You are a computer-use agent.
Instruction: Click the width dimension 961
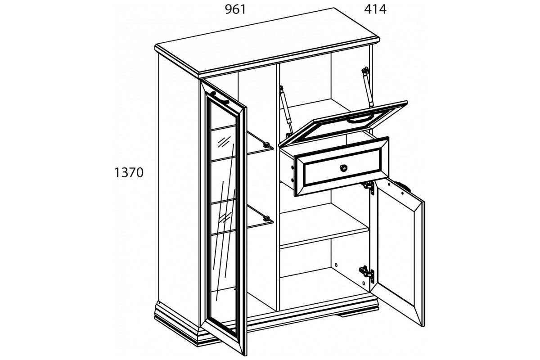235,9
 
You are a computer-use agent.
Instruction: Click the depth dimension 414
375,9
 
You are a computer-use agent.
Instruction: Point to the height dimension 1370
129,173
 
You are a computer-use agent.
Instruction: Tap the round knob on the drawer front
343,167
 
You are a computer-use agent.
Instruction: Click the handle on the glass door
220,98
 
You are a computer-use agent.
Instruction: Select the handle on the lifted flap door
359,119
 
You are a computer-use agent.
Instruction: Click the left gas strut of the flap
286,111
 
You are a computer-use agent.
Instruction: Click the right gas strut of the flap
367,87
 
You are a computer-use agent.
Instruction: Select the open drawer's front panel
342,166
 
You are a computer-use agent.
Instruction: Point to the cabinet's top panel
267,43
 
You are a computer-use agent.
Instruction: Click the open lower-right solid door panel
398,252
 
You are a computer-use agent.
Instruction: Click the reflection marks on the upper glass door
224,142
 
